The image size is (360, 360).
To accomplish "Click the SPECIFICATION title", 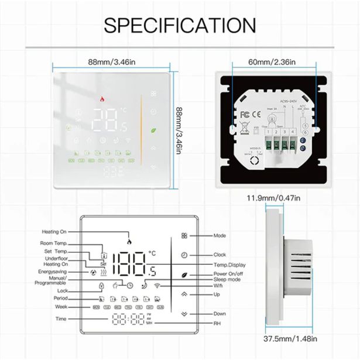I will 180,25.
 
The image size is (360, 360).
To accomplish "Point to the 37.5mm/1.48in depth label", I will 289,338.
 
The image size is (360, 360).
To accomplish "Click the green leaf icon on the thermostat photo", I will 153,131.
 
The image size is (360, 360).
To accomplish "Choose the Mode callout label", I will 220,235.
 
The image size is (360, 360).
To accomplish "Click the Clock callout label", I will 220,255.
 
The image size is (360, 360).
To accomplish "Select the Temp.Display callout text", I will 229,265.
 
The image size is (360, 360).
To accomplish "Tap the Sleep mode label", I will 228,280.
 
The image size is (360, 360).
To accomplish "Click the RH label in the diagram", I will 218,323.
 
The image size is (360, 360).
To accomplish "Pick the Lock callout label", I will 63,290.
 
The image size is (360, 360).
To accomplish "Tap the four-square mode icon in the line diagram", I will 184,235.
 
